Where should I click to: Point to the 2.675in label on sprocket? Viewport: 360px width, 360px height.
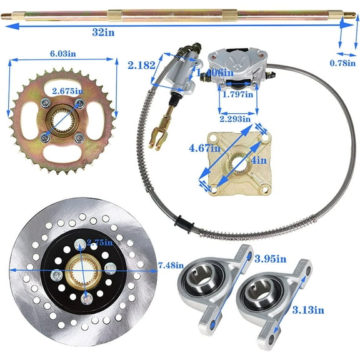66,92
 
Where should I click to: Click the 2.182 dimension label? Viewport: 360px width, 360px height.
141,65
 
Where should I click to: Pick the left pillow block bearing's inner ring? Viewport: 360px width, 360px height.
200,283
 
